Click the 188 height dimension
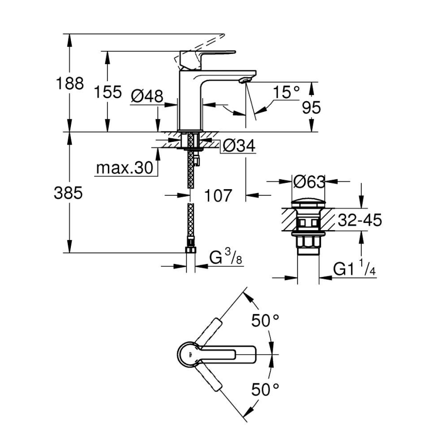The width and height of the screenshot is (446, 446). pyautogui.click(x=69, y=83)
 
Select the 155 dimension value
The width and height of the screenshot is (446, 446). pyautogui.click(x=108, y=92)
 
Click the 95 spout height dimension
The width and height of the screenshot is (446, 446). pyautogui.click(x=311, y=107)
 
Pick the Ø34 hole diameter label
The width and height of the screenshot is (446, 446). pyautogui.click(x=238, y=146)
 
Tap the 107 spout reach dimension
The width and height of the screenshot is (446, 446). pyautogui.click(x=218, y=195)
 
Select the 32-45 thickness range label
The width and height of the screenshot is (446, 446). pyautogui.click(x=360, y=220)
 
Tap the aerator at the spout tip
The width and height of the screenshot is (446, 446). pyautogui.click(x=245, y=80)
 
